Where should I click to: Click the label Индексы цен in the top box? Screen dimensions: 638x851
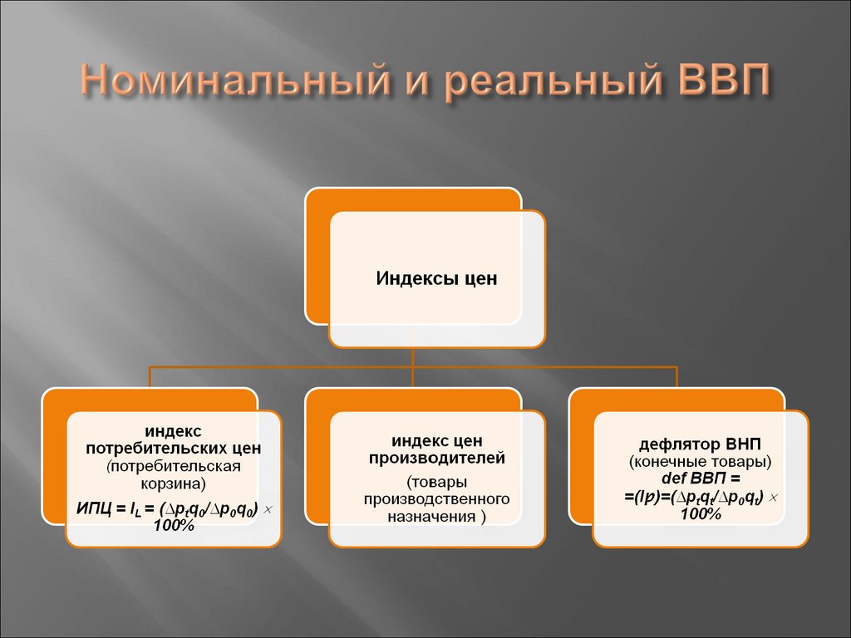point(437,277)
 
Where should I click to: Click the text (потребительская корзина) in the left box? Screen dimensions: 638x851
point(173,474)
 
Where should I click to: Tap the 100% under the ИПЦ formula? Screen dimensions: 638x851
point(174,526)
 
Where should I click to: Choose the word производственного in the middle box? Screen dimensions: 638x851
point(436,499)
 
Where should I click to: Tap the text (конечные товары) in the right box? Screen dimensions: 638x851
point(701,460)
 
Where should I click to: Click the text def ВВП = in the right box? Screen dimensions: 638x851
point(700,479)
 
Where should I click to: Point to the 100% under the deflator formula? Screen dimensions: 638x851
point(701,515)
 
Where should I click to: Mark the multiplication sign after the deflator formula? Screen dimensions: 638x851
point(773,497)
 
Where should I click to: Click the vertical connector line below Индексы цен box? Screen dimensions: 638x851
point(413,356)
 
